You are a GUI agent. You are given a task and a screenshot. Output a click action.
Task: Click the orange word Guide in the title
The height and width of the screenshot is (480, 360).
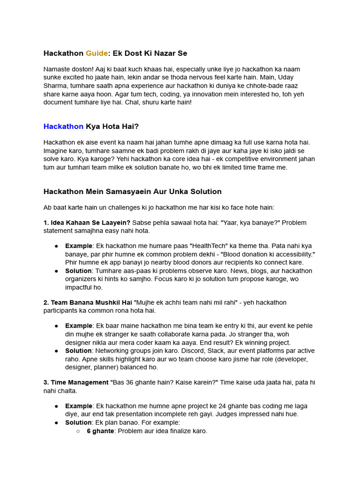[96, 53]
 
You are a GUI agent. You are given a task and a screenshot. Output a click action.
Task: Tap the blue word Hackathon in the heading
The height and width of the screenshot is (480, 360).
[63, 127]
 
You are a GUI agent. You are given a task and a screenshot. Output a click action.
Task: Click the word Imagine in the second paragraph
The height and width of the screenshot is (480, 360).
[56, 150]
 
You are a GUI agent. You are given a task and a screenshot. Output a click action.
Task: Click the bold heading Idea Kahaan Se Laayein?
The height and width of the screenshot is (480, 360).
[87, 223]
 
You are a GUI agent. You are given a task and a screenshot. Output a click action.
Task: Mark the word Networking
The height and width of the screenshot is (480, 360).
[112, 351]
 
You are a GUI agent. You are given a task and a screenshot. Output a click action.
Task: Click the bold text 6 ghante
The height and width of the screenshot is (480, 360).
[100, 431]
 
